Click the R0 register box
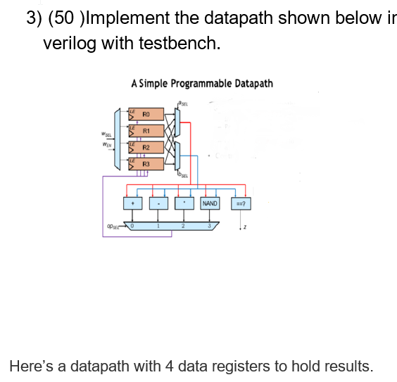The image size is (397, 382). click(x=146, y=114)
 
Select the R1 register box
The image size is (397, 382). click(x=146, y=131)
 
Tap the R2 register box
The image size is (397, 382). click(x=146, y=148)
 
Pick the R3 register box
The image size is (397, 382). click(x=146, y=164)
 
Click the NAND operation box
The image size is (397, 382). click(x=210, y=203)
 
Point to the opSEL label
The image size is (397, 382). click(x=112, y=227)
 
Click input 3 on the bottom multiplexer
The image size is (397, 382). click(x=209, y=225)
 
